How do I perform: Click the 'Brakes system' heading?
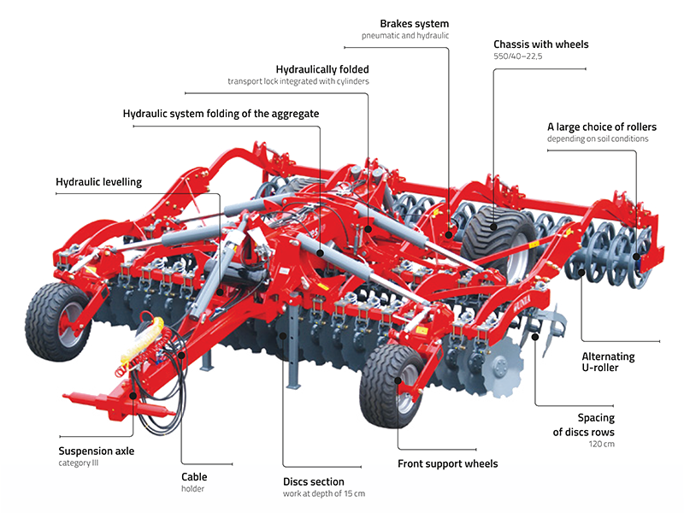413,22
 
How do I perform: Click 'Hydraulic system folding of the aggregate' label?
221,113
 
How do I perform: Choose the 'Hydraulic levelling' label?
98,182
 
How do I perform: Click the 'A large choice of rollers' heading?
602,127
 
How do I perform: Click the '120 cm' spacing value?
602,444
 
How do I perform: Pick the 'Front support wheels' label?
448,464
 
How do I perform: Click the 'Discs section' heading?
314,481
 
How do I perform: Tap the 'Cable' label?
194,476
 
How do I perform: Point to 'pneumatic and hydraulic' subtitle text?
405,36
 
